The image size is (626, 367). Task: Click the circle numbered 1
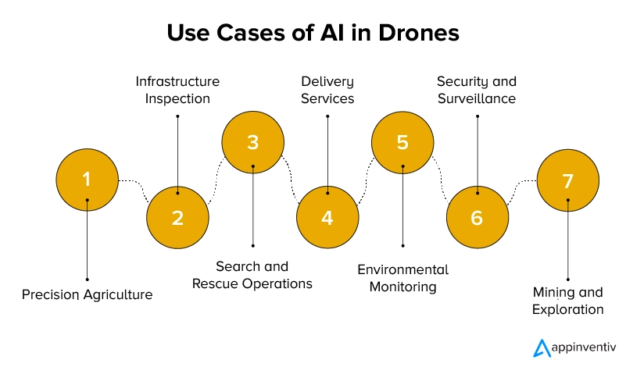[87, 180]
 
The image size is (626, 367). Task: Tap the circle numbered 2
[177, 216]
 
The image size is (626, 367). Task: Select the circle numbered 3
[252, 142]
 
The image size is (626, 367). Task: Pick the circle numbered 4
[327, 216]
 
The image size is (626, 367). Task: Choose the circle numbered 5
[402, 142]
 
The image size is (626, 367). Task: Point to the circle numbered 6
[477, 216]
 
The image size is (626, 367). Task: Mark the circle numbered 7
[567, 180]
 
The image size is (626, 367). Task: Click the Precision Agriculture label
[87, 294]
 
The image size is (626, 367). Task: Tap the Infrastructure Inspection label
[177, 90]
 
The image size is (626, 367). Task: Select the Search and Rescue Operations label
[252, 275]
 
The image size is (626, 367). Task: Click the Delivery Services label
[327, 90]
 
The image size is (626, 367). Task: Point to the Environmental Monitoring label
[402, 277]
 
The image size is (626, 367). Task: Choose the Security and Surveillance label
[477, 90]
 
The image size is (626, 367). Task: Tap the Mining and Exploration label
[567, 301]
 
